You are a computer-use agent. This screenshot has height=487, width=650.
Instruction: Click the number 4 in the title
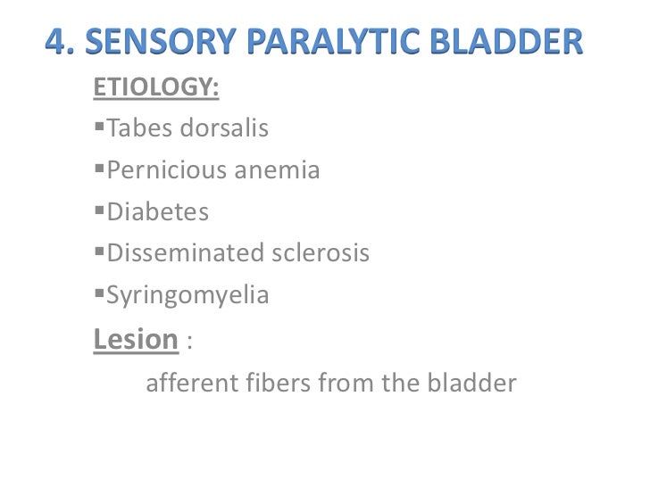click(56, 43)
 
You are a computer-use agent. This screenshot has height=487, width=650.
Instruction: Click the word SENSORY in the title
click(154, 43)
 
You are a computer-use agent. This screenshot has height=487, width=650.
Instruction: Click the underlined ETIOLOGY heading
click(155, 89)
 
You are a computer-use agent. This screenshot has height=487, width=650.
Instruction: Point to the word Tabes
click(140, 129)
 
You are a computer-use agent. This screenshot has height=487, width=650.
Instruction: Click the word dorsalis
click(224, 129)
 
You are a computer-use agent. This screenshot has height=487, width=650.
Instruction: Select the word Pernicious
click(167, 170)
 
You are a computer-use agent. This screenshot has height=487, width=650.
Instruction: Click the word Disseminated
click(180, 253)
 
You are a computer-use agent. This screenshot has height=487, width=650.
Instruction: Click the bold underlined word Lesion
click(136, 339)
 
